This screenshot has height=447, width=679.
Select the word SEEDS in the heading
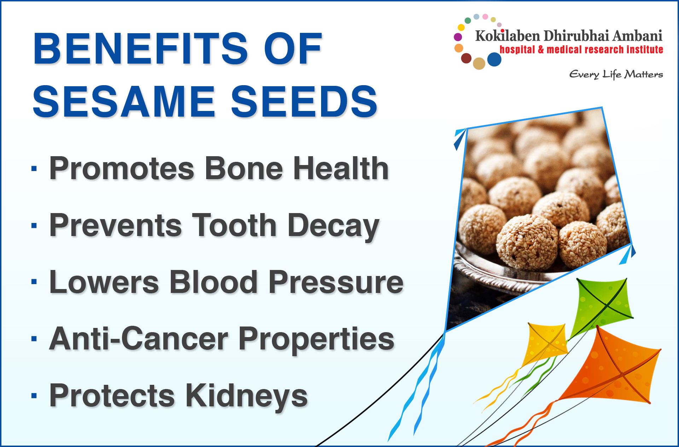[x=304, y=101]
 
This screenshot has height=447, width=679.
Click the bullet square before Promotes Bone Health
[x=34, y=169]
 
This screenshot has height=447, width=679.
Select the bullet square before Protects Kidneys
[x=34, y=395]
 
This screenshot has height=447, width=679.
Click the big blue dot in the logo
[x=494, y=59]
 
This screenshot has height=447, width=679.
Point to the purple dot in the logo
[x=458, y=37]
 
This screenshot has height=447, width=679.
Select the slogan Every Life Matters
[x=616, y=75]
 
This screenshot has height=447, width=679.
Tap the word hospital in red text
[x=517, y=49]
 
